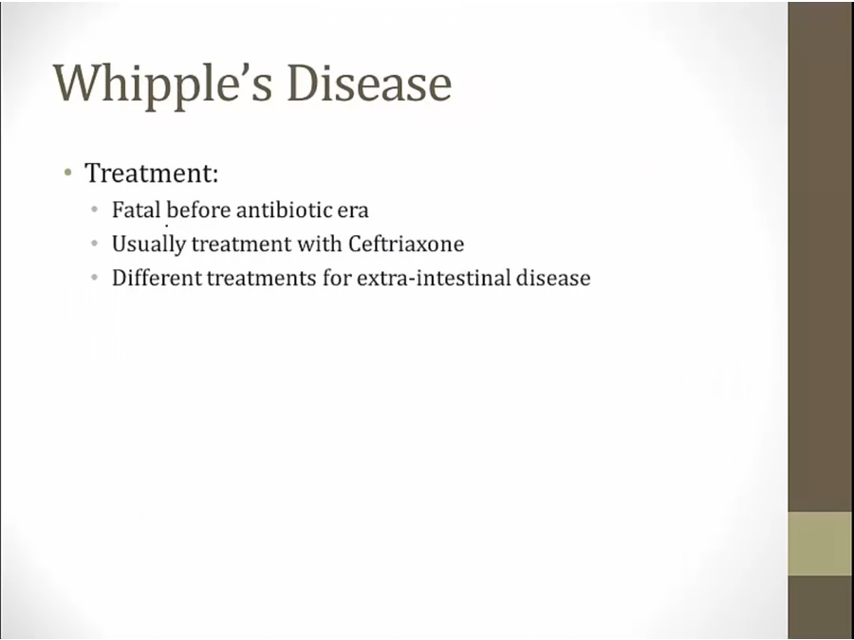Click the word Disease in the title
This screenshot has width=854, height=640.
tap(369, 82)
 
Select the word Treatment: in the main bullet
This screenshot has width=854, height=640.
tap(152, 173)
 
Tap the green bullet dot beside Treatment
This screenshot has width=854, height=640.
tap(67, 174)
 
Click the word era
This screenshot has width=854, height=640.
tap(353, 211)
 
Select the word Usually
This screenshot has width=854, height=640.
tap(149, 245)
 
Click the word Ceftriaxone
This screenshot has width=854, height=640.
tap(406, 244)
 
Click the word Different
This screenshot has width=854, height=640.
tap(157, 278)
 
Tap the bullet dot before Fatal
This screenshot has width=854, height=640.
tap(95, 209)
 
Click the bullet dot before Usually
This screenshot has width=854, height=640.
tap(95, 243)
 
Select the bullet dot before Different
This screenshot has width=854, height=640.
tap(95, 277)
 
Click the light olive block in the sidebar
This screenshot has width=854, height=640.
tap(820, 543)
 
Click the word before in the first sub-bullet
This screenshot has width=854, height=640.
tap(199, 210)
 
